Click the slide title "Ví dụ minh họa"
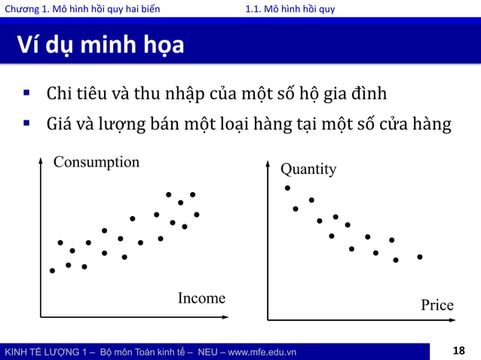click(100, 45)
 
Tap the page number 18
click(459, 351)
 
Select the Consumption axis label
click(97, 162)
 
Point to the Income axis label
click(201, 298)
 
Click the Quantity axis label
click(308, 169)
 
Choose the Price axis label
click(437, 305)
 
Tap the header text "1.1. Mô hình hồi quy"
click(290, 9)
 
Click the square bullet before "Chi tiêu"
click(26, 94)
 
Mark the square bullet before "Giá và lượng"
click(26, 122)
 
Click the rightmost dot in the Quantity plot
click(420, 257)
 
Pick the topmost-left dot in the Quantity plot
click(287, 188)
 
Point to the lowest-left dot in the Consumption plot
click(52, 270)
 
